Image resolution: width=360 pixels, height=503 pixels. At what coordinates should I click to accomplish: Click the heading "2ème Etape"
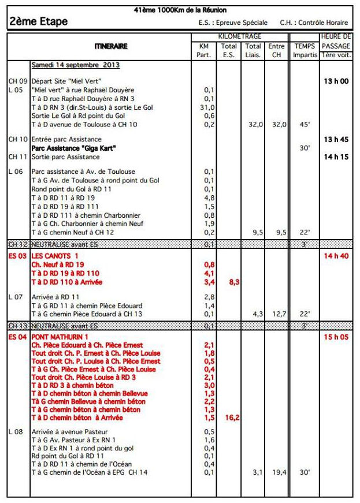click(39, 22)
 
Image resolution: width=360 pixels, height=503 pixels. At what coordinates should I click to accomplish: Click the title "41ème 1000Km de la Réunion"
click(180, 10)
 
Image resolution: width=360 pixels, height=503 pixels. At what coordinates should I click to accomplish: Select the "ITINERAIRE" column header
click(111, 46)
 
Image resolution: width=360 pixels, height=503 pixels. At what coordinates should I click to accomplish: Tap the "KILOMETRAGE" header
click(240, 36)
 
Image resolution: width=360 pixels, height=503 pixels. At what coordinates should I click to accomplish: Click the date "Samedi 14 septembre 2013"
click(75, 65)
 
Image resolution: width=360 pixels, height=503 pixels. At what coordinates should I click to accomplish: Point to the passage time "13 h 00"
click(336, 81)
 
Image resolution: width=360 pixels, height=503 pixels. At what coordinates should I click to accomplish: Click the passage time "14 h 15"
click(336, 157)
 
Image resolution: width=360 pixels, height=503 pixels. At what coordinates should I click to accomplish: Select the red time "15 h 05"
click(336, 336)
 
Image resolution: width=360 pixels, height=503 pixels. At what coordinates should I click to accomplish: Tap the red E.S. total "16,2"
click(232, 417)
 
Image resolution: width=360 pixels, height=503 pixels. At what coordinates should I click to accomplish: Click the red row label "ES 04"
click(18, 336)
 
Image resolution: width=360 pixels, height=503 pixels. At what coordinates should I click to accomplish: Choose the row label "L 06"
click(16, 172)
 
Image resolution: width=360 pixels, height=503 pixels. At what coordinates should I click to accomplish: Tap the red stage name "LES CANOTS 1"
click(55, 255)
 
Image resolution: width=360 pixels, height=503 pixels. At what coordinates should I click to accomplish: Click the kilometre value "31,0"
click(207, 107)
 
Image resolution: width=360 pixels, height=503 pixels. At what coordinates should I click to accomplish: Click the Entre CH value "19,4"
click(277, 472)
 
